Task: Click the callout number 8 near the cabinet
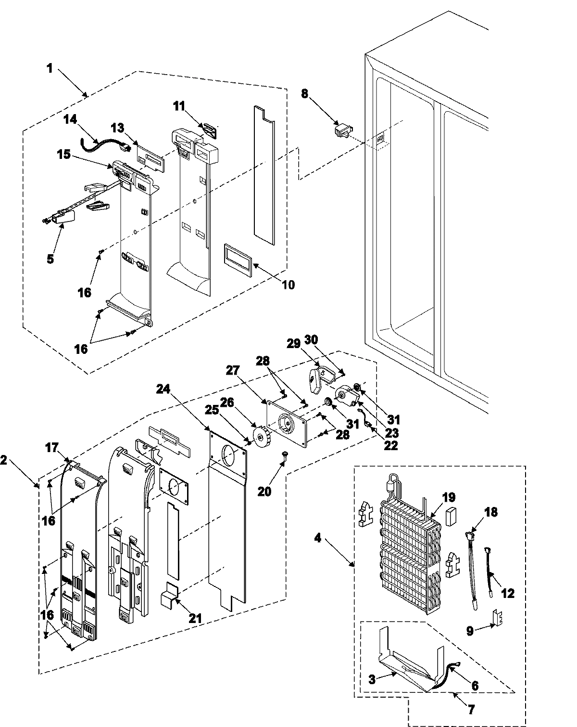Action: click(305, 94)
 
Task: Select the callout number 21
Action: click(195, 618)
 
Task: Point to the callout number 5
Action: click(50, 259)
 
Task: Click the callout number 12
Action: click(508, 593)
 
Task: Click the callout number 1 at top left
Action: click(50, 68)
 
